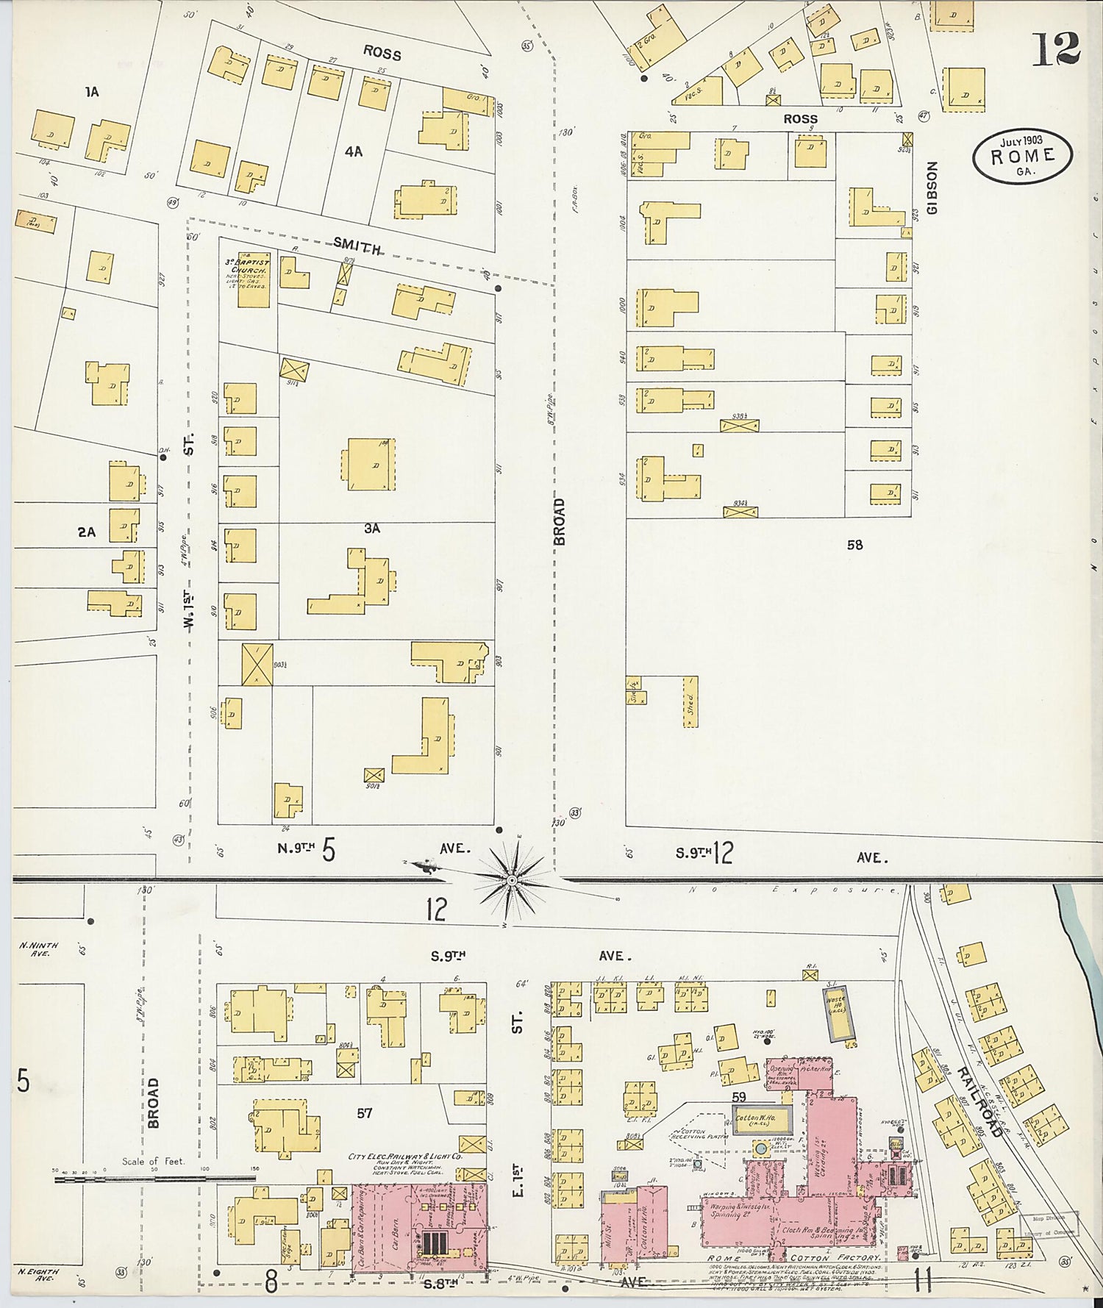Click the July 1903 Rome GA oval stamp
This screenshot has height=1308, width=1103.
tap(1022, 155)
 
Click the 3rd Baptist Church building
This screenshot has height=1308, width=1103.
tap(248, 280)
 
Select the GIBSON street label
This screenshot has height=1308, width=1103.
tap(932, 188)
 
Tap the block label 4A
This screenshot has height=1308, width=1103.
tap(354, 152)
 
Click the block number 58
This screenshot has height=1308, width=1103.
tap(854, 545)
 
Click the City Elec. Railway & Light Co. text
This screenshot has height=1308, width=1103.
tap(405, 1157)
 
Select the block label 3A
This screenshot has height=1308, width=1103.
tap(372, 528)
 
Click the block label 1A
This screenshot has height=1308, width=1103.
tap(91, 92)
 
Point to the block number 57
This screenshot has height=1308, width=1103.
tap(364, 1113)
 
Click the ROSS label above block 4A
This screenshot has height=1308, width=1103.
tap(382, 54)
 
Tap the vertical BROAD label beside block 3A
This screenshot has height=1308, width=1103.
tap(560, 521)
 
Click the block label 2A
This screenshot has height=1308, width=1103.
tap(87, 532)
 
